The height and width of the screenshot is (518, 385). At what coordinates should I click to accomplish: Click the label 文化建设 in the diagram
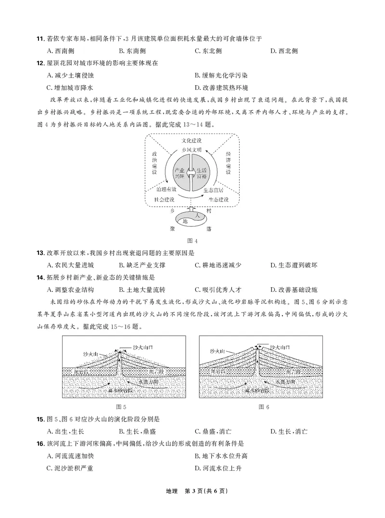click(192, 141)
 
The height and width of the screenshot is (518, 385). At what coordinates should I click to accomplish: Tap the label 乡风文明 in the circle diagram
click(192, 151)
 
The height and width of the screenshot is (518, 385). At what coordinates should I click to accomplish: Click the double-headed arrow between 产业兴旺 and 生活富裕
click(192, 173)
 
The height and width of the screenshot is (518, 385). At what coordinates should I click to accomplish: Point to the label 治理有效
click(167, 189)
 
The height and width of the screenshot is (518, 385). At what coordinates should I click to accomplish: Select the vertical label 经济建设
click(228, 164)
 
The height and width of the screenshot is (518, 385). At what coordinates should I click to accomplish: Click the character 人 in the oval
click(192, 216)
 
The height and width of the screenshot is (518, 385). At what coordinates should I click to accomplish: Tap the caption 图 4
click(192, 240)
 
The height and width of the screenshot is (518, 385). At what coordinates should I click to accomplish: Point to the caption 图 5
click(124, 407)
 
